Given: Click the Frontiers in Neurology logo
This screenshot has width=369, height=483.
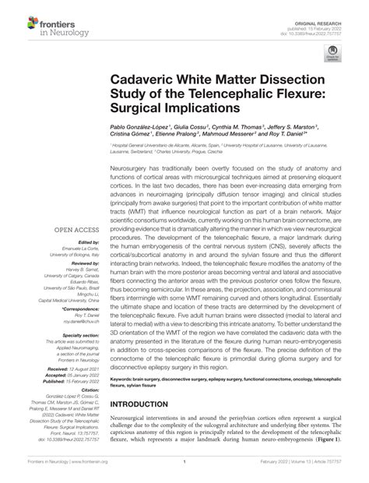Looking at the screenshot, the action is (47, 24).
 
